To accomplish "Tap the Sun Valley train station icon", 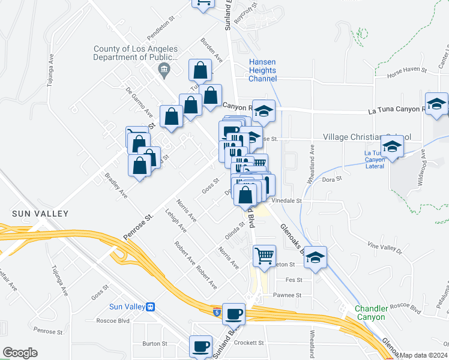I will (151, 307).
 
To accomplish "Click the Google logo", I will (20, 353).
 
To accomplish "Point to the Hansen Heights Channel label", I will (263, 70).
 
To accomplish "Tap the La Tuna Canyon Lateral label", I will (376, 160).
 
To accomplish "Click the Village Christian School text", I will (367, 137).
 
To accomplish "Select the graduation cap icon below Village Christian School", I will (392, 147).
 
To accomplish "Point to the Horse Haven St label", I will (406, 70).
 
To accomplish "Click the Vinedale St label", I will (285, 200).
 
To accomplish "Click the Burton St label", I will (154, 344).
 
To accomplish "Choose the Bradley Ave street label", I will (116, 186).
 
